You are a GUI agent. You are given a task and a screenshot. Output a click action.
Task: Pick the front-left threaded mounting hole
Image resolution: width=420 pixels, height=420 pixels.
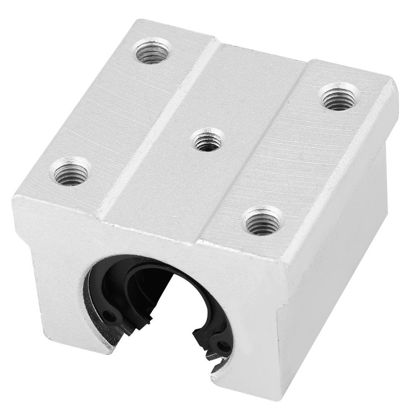tap(70, 171)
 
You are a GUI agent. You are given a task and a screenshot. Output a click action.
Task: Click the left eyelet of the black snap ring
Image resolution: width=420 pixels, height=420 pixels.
tap(110, 315)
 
